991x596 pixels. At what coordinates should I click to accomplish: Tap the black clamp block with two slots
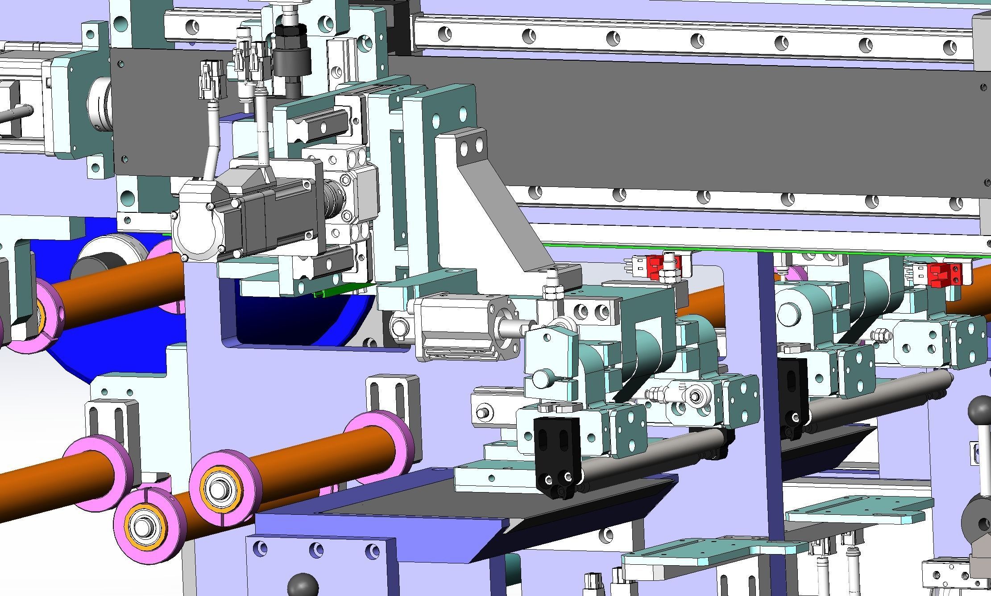click(x=556, y=453)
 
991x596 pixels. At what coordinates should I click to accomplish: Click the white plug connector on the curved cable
click(x=208, y=80)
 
